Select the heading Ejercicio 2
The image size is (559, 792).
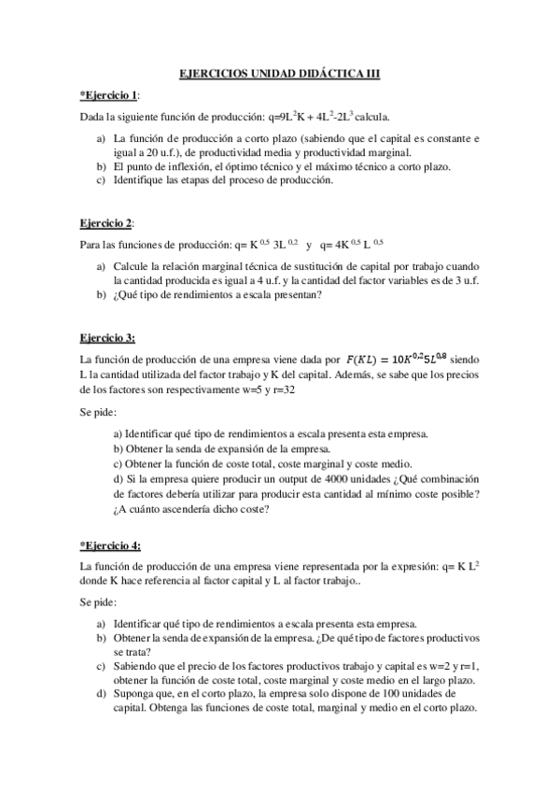(106, 223)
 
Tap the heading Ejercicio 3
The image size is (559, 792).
(108, 336)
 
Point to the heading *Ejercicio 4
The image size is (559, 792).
(111, 544)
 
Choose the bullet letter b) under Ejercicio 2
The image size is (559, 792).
(101, 295)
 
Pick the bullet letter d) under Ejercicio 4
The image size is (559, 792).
(101, 694)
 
